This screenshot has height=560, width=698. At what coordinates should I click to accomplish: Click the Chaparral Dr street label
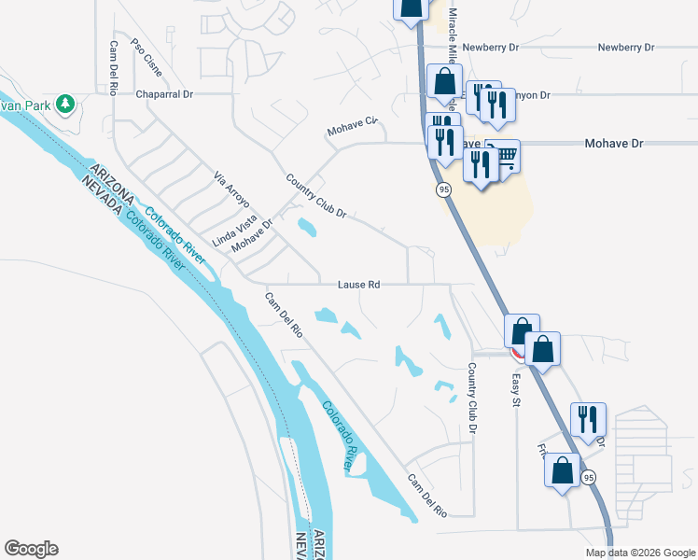[x=163, y=94]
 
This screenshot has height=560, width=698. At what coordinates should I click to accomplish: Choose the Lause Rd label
[x=359, y=284]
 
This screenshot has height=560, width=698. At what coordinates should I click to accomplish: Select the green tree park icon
[x=65, y=103]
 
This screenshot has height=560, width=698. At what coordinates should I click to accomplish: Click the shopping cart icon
[x=505, y=155]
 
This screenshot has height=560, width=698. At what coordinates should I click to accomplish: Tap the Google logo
[x=31, y=549]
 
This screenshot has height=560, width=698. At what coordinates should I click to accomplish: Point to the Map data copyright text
[x=639, y=553]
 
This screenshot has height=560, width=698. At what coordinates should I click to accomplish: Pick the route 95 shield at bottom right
[x=587, y=478]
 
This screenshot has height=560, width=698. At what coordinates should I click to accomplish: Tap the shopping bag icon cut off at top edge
[x=411, y=8]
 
